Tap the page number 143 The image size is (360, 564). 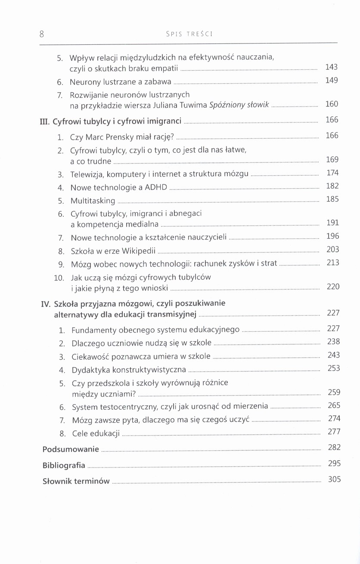pos(332,67)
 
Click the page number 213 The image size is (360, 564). pos(333,262)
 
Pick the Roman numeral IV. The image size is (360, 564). pos(46,304)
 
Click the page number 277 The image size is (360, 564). pos(334,431)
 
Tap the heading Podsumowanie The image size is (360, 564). pos(71,449)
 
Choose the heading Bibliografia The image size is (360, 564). pos(64,465)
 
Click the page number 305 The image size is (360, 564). pos(334,479)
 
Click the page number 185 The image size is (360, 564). pos(332,199)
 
